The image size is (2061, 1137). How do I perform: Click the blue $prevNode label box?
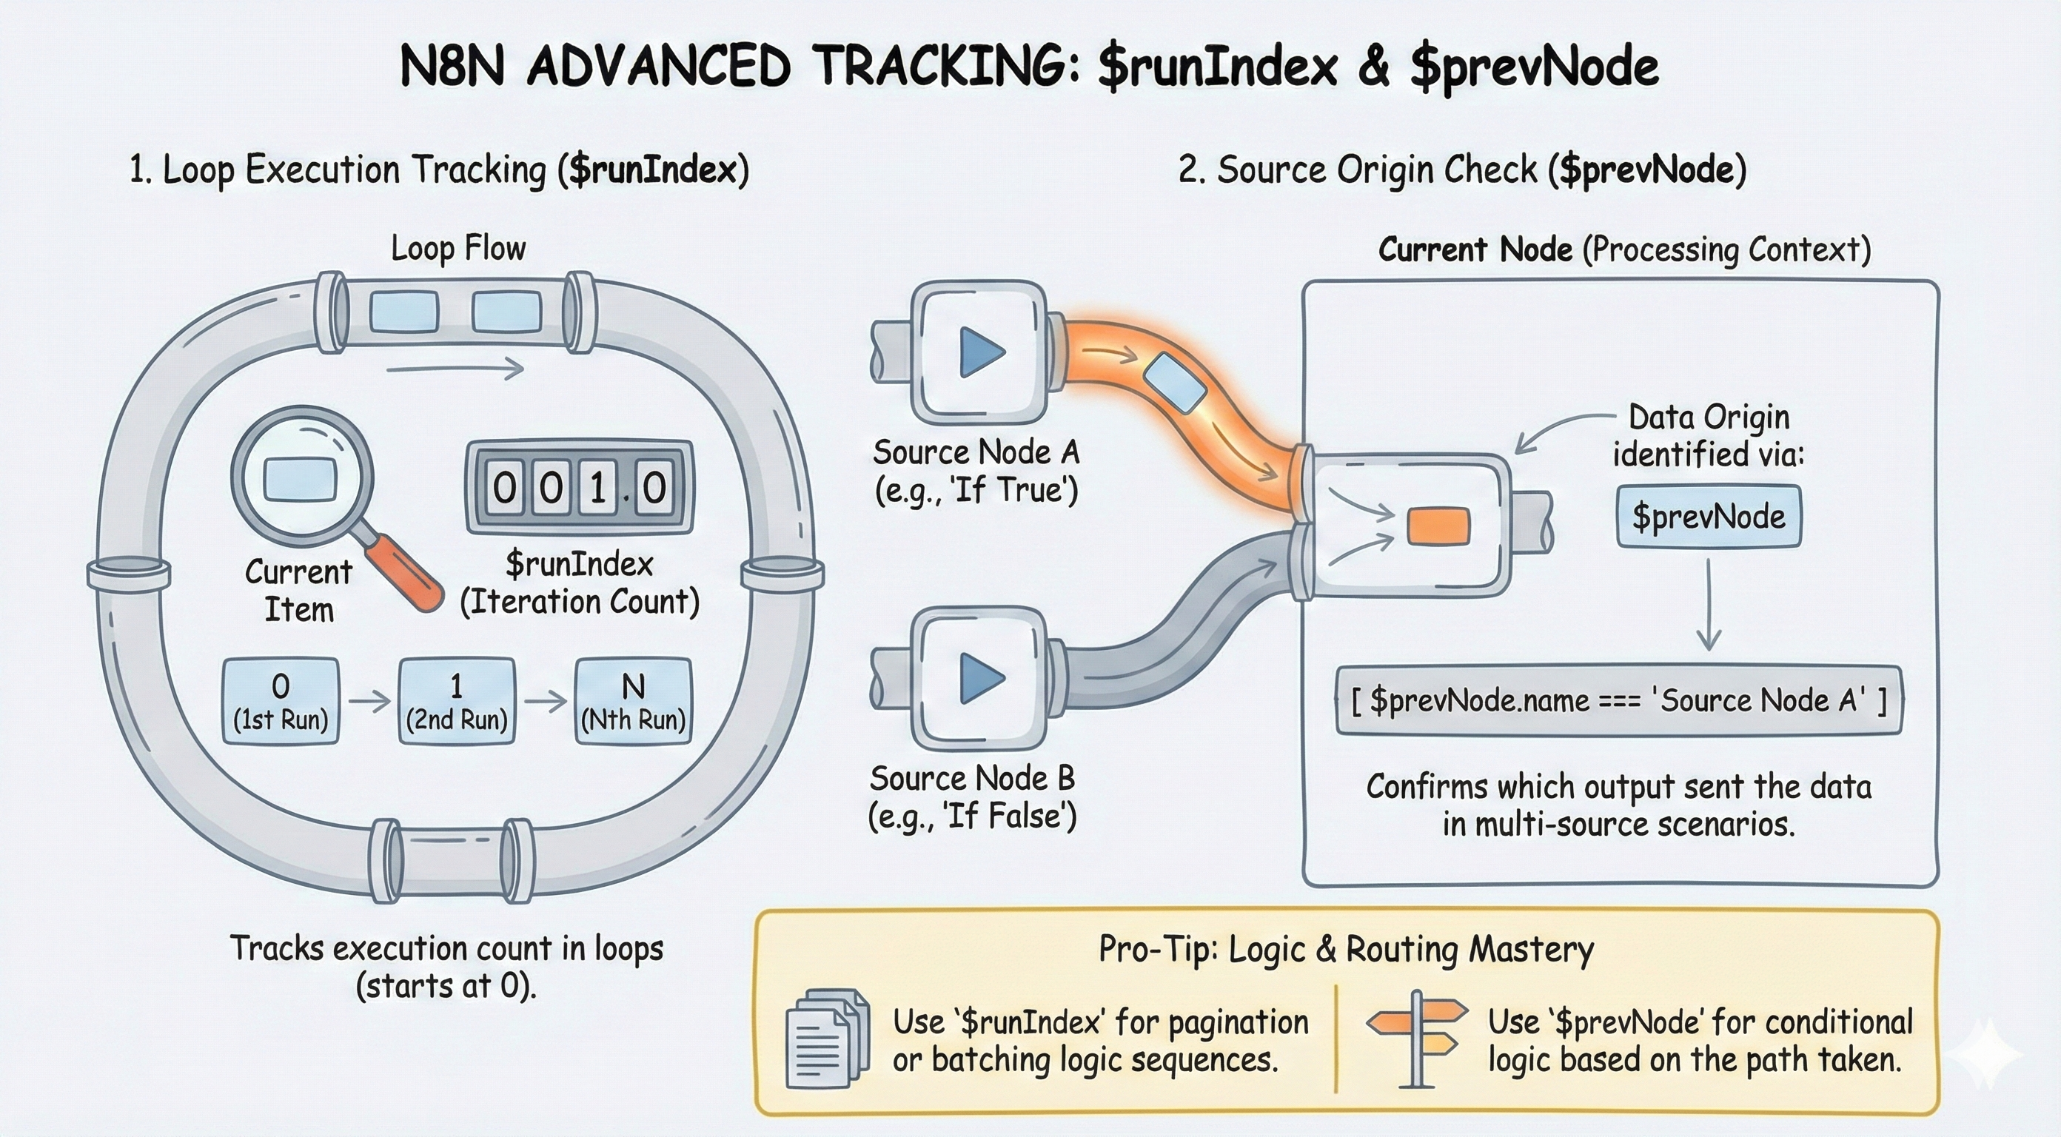1708,516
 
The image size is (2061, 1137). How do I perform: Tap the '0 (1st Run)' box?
280,701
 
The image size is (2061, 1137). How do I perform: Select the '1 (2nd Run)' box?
456,701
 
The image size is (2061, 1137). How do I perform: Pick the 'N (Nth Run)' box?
633,701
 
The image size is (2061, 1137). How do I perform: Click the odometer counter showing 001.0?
579,486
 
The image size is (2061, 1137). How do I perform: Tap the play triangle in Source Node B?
981,678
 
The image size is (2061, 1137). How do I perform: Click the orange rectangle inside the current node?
1438,526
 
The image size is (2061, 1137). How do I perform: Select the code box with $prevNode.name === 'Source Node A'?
1618,701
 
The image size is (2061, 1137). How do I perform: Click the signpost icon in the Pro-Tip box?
1417,1038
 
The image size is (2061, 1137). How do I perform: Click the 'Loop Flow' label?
458,249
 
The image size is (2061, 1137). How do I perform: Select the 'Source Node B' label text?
972,779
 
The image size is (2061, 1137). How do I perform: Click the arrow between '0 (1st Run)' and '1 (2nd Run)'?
369,701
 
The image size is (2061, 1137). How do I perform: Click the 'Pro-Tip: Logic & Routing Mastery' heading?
1346,950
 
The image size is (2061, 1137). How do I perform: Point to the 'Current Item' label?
298,591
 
